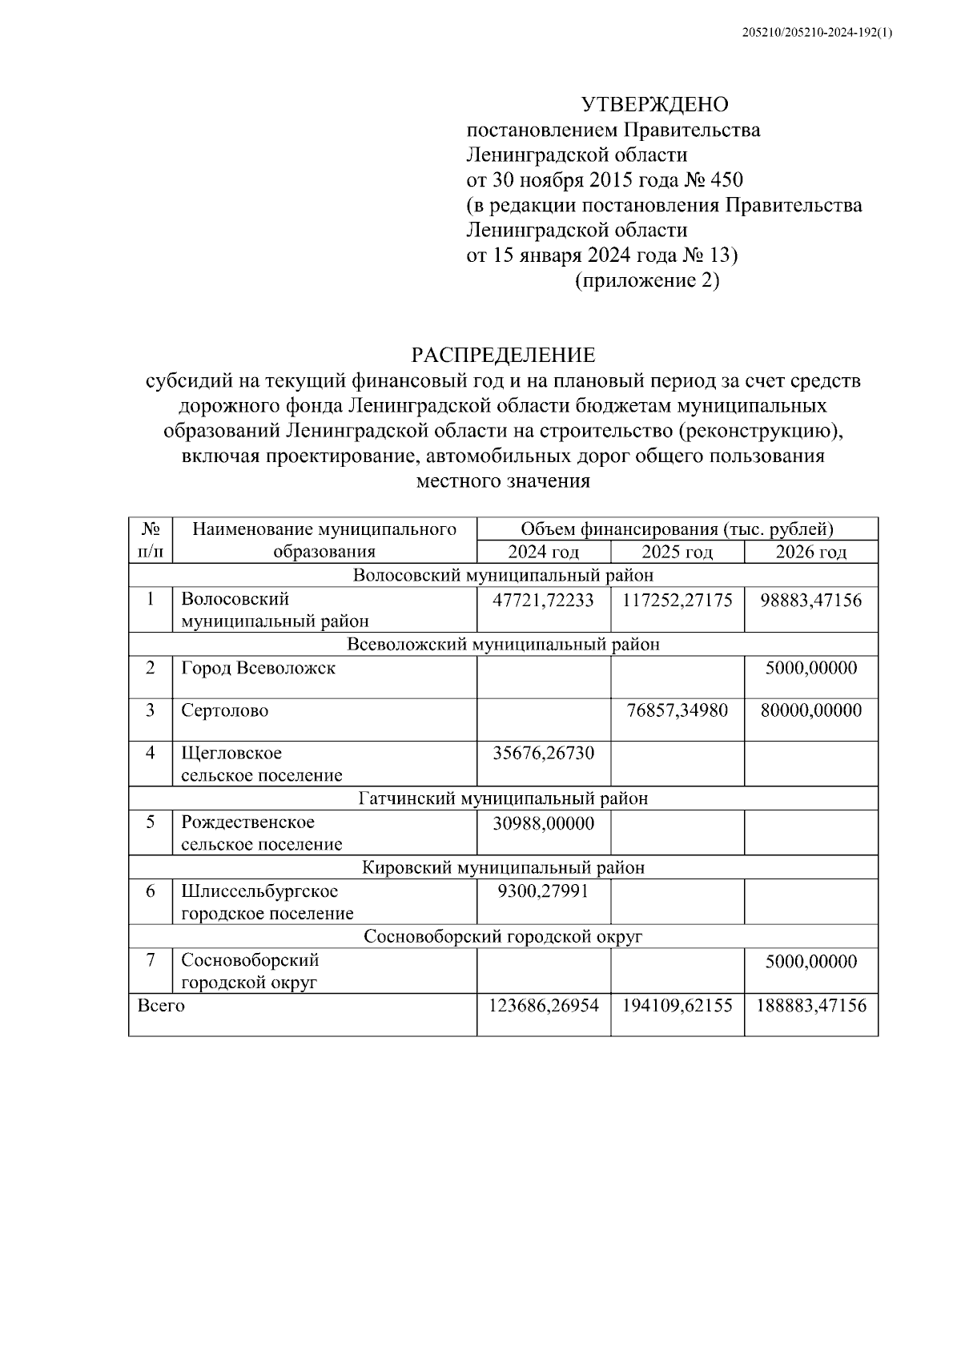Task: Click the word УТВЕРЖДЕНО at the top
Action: coord(654,105)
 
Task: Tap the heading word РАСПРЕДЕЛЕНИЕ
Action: coord(503,355)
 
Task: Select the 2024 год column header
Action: coord(543,552)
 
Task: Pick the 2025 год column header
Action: coord(677,552)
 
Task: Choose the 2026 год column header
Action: coord(810,552)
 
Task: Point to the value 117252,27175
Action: coord(677,600)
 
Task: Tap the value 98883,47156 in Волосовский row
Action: coord(810,600)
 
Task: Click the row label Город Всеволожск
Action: coord(258,668)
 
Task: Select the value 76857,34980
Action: coord(677,710)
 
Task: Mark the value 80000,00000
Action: coord(810,710)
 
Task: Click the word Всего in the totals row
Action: coord(161,1006)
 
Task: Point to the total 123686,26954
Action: coord(543,1006)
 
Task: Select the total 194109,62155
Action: coord(677,1006)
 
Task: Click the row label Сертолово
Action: coord(225,710)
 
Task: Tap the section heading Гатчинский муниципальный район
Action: coord(503,798)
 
